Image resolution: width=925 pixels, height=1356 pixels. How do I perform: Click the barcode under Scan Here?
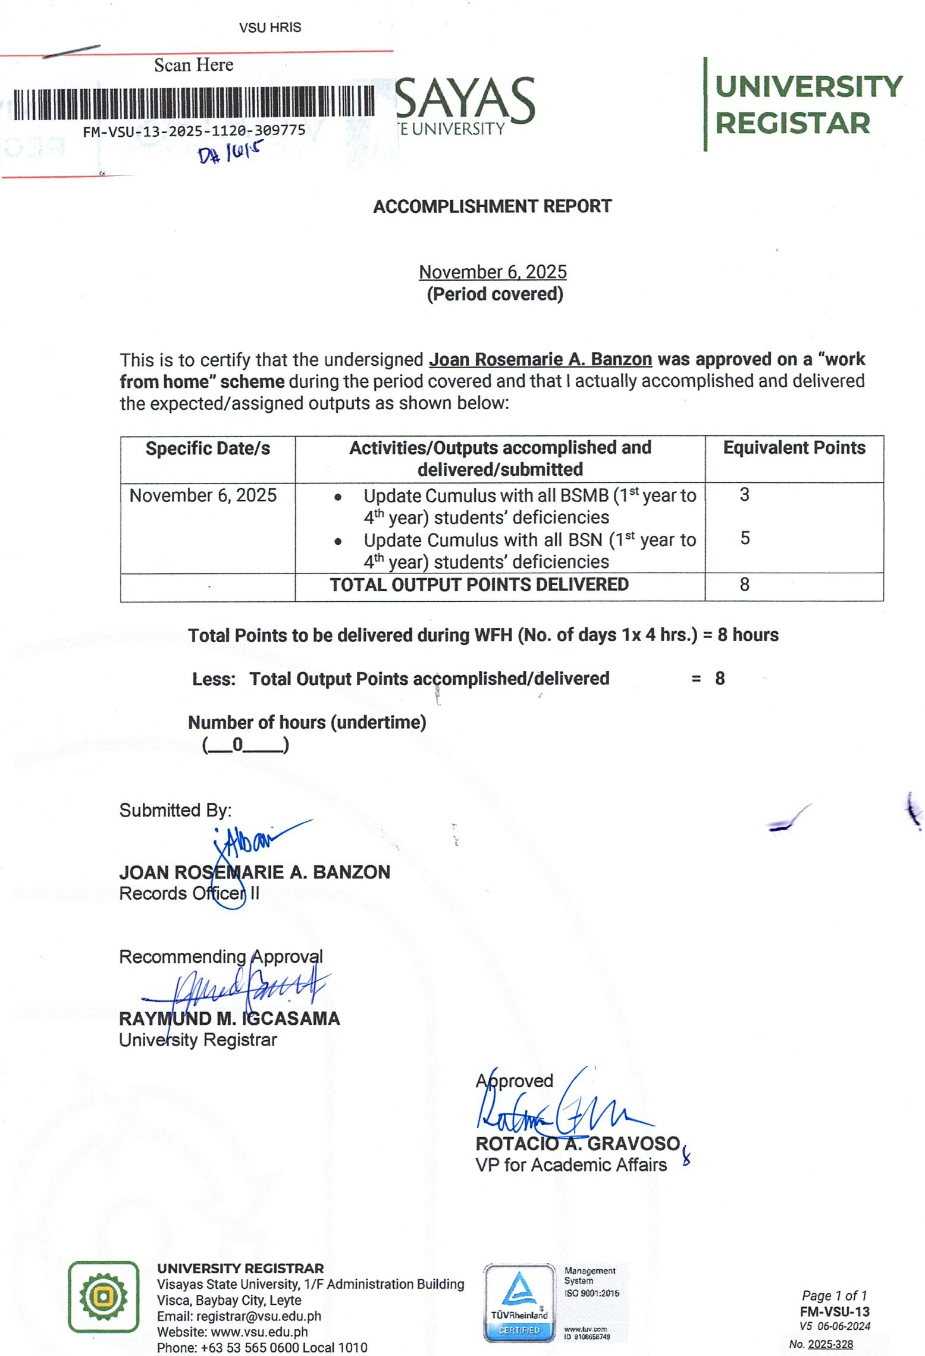click(194, 102)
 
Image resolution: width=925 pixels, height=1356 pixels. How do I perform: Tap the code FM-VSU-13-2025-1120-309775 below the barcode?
click(194, 131)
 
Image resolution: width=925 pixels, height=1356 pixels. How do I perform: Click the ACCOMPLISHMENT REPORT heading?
click(492, 206)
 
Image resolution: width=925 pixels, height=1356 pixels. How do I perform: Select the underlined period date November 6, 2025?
click(493, 272)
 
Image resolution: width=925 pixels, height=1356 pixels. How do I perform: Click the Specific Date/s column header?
click(208, 448)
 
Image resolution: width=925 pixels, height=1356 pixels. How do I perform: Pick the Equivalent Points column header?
click(794, 448)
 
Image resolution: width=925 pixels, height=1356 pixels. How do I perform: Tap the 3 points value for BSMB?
click(744, 495)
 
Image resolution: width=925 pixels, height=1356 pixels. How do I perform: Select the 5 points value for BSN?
click(745, 538)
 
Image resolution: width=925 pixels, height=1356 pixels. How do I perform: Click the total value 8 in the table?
click(744, 585)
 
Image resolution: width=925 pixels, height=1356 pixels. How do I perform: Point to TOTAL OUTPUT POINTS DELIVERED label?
click(479, 585)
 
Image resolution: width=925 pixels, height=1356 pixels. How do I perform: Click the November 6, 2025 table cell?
click(203, 495)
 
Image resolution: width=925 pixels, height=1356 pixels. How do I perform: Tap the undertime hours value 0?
click(237, 745)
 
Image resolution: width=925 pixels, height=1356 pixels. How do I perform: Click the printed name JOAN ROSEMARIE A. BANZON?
click(255, 872)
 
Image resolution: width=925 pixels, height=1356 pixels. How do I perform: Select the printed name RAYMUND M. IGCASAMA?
click(229, 1019)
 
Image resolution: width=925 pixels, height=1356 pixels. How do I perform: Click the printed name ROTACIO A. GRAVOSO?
click(577, 1144)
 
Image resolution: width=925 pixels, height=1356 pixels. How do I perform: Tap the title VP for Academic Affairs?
click(571, 1165)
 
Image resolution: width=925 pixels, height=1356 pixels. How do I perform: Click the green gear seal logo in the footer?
click(104, 1297)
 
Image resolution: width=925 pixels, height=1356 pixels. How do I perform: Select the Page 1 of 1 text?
click(834, 1295)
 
